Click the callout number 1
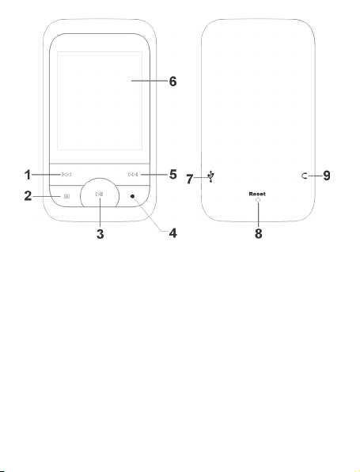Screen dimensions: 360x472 pyautogui.click(x=28, y=175)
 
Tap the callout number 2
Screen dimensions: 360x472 pyautogui.click(x=28, y=196)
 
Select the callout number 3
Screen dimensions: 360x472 pyautogui.click(x=100, y=233)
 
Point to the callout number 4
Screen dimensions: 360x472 pyautogui.click(x=172, y=233)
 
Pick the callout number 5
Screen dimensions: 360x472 pyautogui.click(x=172, y=174)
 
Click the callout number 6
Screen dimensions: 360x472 pyautogui.click(x=172, y=81)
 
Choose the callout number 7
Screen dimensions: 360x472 pyautogui.click(x=189, y=179)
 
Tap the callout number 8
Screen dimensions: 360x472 pyautogui.click(x=258, y=233)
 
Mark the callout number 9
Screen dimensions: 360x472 pyautogui.click(x=327, y=176)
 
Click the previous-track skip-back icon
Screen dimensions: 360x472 pyautogui.click(x=66, y=175)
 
